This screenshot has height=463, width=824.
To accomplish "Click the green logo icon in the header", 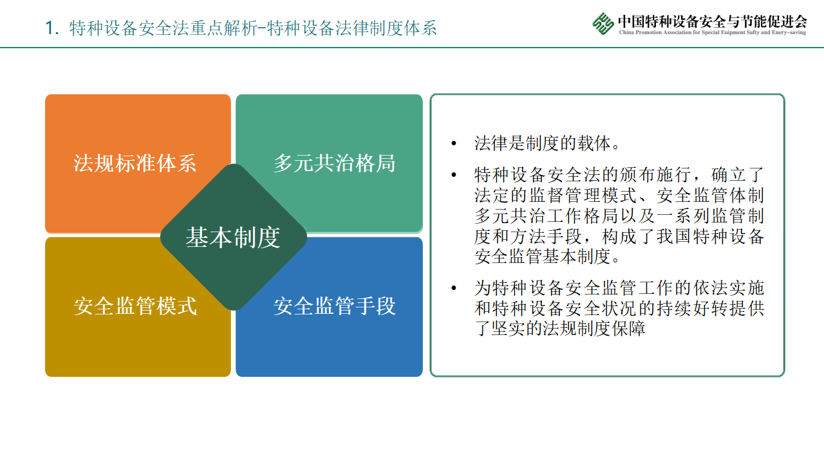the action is click(603, 24).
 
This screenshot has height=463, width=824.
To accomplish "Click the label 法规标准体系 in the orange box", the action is click(135, 163).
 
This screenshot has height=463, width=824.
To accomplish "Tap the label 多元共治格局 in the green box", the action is click(334, 163).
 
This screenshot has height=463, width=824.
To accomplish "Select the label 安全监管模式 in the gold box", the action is click(135, 305).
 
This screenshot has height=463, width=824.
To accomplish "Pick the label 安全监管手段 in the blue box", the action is click(334, 305).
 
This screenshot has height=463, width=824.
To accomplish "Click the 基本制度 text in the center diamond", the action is click(233, 237).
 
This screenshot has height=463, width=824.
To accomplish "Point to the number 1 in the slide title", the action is click(50, 28).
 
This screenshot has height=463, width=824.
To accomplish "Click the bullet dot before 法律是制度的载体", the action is click(454, 143).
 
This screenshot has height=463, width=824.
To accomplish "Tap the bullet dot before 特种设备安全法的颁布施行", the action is click(454, 175).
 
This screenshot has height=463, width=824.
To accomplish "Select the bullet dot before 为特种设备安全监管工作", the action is click(454, 288).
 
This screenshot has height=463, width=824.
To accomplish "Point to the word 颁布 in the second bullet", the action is click(637, 175).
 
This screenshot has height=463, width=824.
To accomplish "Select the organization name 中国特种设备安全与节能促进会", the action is click(713, 22).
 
